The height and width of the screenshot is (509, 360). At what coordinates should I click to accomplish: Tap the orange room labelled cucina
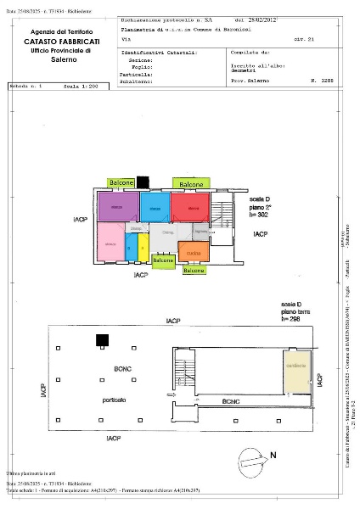coord(194,252)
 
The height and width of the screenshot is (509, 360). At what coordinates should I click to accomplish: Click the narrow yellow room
coord(143,248)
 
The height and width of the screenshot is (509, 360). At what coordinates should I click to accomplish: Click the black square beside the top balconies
coord(143,181)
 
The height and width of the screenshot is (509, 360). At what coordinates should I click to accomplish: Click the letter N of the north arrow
coord(273,455)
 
